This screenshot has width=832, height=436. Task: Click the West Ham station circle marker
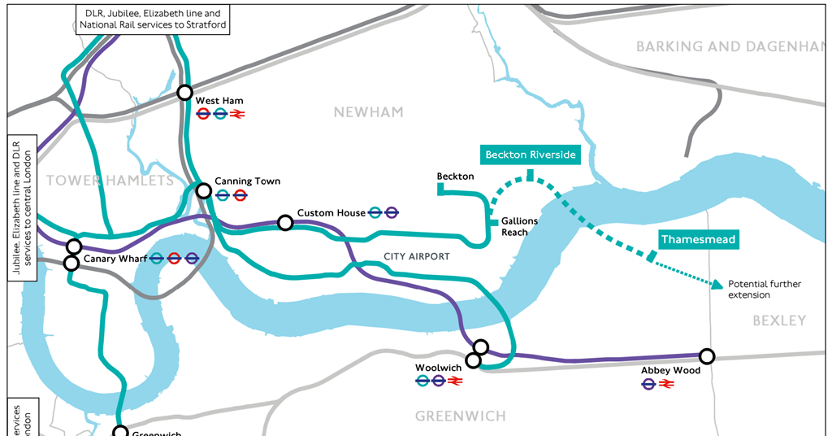[x=185, y=93]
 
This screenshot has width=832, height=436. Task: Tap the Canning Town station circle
[x=203, y=192]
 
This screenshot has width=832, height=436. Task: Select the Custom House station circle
[x=285, y=222]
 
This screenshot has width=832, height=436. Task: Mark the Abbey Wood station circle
[x=707, y=355]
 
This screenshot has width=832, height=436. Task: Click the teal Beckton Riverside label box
[x=530, y=155]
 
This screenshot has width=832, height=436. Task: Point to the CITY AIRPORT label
[x=416, y=257]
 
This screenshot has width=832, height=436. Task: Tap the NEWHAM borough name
[x=368, y=112]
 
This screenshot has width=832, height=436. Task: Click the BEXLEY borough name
[x=778, y=320]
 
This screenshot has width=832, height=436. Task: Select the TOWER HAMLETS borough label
[x=110, y=181]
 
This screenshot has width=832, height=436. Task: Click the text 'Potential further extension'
[x=764, y=290]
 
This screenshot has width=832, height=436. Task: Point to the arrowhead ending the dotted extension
[x=717, y=284]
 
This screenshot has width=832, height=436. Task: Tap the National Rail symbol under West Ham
[x=238, y=115]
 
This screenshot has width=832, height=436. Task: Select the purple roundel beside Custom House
[x=392, y=213]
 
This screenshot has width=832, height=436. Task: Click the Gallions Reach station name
[x=519, y=227]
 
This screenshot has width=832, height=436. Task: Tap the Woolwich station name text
[x=438, y=368]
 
